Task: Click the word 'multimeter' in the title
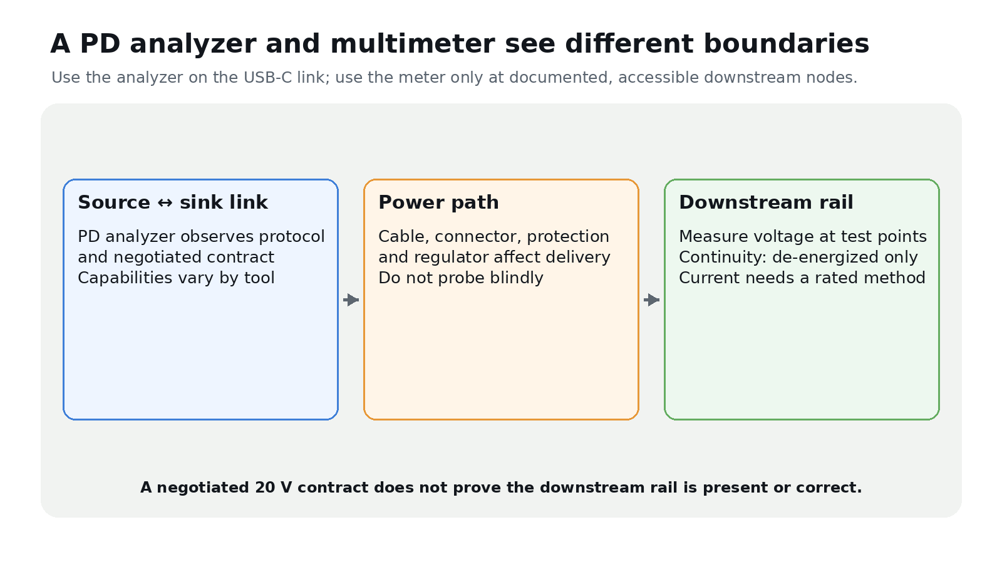(413, 44)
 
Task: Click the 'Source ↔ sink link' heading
(173, 202)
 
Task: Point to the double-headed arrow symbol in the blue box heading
(165, 203)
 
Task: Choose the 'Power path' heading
(438, 202)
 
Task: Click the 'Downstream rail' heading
(766, 202)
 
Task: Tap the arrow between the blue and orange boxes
(351, 300)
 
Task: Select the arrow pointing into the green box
(652, 300)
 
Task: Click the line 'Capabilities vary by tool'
(176, 278)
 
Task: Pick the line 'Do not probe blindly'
(461, 278)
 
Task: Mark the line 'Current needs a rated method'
(802, 278)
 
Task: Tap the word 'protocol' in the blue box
(292, 237)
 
